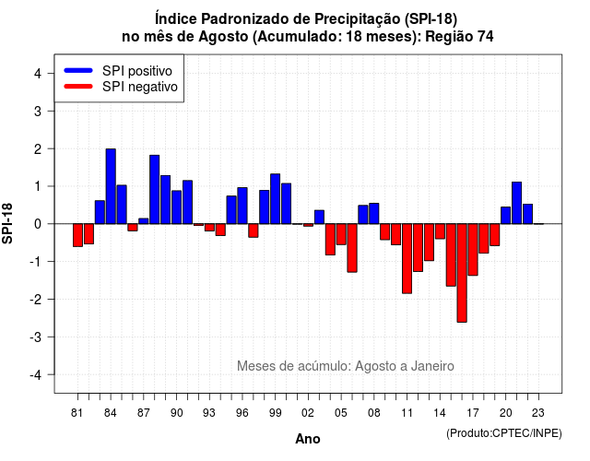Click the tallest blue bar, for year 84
pos(111,186)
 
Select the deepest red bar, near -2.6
pos(462,273)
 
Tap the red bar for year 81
pos(77,235)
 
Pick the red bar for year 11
pos(407,258)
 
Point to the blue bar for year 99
pos(275,199)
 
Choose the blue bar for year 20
pos(505,215)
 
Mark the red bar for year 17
pos(473,250)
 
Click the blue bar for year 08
pos(373,213)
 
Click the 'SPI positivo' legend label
pos(137,71)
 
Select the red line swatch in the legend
pos(78,87)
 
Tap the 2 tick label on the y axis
pos(38,149)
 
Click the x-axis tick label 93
pos(209,413)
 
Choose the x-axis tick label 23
pos(538,413)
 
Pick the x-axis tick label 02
pos(307,413)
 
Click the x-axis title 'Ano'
pos(308,439)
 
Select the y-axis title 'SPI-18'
pos(7,223)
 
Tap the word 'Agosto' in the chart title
pos(223,37)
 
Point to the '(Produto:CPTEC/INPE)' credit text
pos(504,433)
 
